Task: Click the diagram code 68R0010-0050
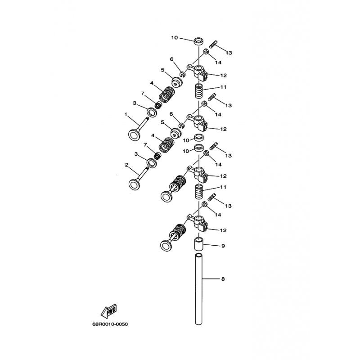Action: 110,324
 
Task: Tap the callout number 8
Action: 223,279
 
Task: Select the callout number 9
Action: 223,246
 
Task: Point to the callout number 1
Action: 126,114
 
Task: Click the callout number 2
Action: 126,165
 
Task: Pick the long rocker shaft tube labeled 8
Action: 198,289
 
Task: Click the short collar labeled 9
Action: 198,244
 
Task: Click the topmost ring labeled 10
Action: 199,41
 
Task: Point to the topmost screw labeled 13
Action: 213,44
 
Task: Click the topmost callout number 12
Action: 223,75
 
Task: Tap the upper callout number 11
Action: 223,87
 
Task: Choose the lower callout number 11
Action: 223,187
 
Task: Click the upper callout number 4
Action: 152,83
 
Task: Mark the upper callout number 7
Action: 142,94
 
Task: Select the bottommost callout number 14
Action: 218,215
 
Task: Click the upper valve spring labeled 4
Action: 167,94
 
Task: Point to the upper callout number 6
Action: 172,59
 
